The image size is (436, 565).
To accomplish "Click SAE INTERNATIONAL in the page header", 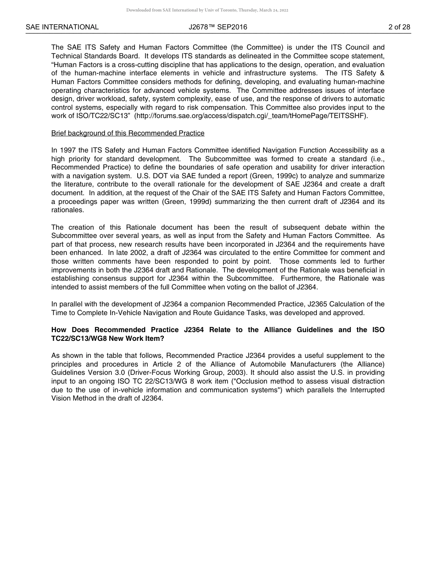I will click(62, 27).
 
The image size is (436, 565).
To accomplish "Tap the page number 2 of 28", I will click(399, 27).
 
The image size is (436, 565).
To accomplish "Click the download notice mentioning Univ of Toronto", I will click(207, 10).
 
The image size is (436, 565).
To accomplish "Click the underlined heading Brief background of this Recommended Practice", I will click(128, 133).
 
